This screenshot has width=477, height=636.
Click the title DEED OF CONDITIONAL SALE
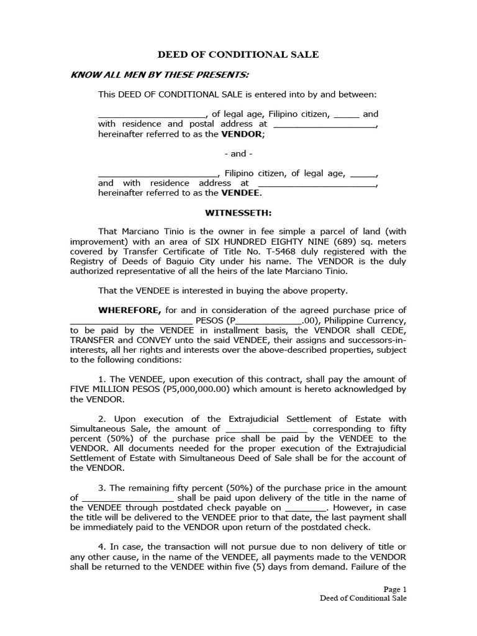[238, 55]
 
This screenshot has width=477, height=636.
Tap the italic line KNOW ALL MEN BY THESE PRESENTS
[160, 75]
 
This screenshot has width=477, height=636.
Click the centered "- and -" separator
[238, 153]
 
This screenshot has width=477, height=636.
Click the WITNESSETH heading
[238, 212]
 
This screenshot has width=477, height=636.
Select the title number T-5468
[308, 252]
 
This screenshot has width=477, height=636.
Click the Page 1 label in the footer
[394, 589]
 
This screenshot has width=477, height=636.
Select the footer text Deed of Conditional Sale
[363, 599]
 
